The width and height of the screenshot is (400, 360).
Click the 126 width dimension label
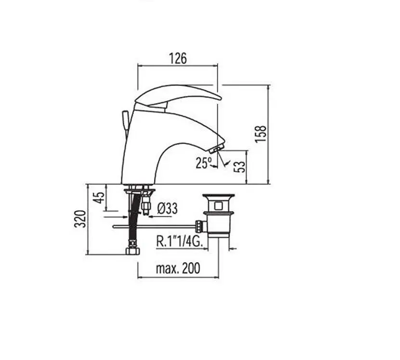(178, 58)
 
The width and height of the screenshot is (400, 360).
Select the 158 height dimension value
(261, 134)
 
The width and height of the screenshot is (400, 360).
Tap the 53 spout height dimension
(240, 167)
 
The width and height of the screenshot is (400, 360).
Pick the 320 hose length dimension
(80, 218)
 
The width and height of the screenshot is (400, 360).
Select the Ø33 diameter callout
(168, 208)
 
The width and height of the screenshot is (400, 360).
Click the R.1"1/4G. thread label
(180, 241)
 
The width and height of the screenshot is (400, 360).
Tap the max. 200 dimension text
(178, 268)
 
